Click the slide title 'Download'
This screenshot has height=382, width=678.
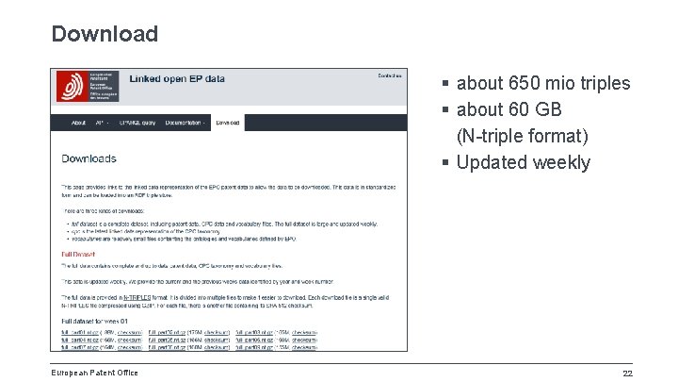pos(105,34)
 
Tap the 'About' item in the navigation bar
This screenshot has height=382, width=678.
pos(78,123)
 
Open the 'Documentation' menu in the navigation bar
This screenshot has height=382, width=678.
pos(186,123)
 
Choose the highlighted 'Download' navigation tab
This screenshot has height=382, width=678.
pos(227,123)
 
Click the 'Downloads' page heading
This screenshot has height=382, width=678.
pos(89,158)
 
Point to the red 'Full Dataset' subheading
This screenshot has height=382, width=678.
pos(79,255)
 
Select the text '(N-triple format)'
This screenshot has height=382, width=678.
pos(522,136)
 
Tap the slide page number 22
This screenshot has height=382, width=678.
pos(627,372)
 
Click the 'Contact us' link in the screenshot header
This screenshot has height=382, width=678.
pos(389,75)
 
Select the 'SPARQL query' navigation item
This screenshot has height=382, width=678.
pos(137,123)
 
